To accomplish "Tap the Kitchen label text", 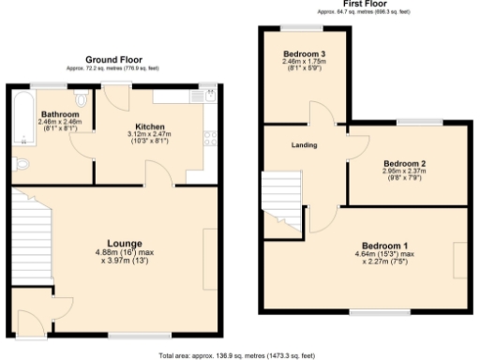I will pos(150,125).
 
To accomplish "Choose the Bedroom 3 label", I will pos(304,54).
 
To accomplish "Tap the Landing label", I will pos(304,144).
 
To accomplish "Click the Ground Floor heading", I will pos(112,59).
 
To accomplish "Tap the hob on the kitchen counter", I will pos(210,140).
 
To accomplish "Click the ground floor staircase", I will pos(25,239).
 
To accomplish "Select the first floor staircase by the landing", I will pos(278,202).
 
